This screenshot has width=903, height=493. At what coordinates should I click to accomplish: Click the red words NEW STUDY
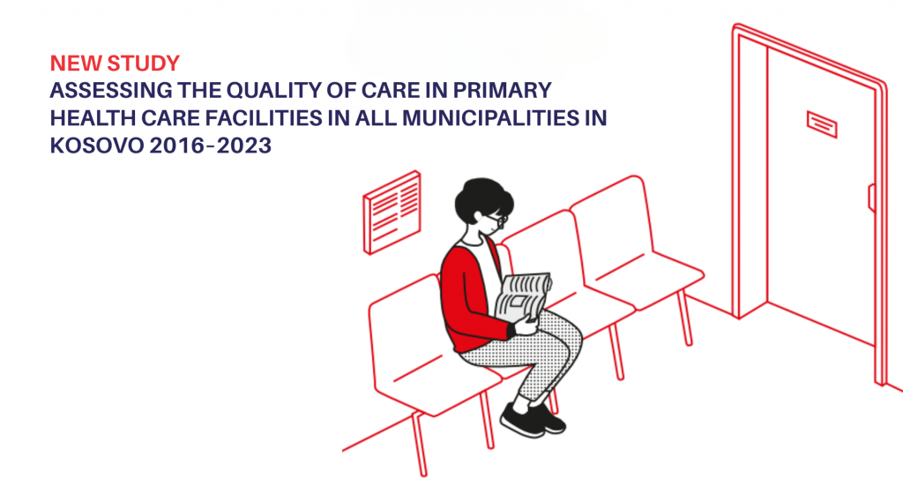pos(116,63)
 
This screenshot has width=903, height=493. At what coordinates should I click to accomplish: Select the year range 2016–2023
pos(210,146)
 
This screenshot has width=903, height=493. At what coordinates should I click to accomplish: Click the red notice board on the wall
pos(392,212)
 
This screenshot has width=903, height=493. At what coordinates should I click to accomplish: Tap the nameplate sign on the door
pos(821,123)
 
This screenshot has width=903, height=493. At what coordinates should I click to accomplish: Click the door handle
pos(871,198)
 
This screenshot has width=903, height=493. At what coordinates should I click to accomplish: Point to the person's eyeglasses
pos(496,219)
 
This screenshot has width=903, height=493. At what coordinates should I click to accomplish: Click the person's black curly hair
pos(482,198)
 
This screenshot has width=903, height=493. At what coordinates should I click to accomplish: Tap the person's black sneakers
pos(532,419)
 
